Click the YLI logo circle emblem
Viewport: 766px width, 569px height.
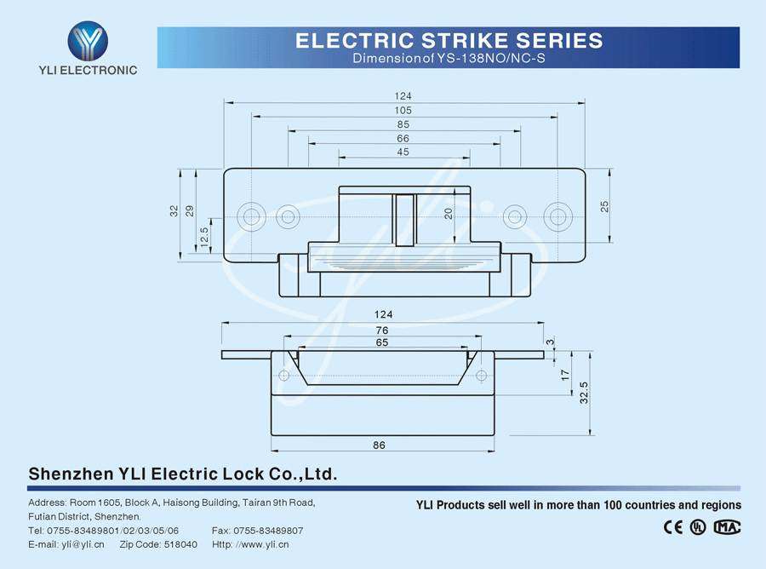pyautogui.click(x=89, y=40)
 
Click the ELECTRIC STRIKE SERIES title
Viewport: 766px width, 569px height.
pyautogui.click(x=449, y=40)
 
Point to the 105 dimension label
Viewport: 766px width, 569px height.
pyautogui.click(x=403, y=110)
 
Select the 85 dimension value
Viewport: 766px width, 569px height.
pyautogui.click(x=403, y=124)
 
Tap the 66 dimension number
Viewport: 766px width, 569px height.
pyautogui.click(x=403, y=138)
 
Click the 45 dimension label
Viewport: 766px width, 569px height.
pyautogui.click(x=403, y=152)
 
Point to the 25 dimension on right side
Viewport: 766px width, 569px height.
pyautogui.click(x=605, y=205)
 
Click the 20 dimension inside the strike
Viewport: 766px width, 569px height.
pyautogui.click(x=449, y=215)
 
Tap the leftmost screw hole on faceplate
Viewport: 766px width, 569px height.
pyautogui.click(x=251, y=216)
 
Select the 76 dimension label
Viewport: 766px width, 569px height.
pyautogui.click(x=382, y=330)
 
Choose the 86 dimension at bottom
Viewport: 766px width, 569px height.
pyautogui.click(x=380, y=445)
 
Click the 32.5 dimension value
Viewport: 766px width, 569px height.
pyautogui.click(x=583, y=394)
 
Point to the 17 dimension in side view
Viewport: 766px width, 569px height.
pyautogui.click(x=565, y=374)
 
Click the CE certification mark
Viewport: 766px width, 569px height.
pyautogui.click(x=673, y=527)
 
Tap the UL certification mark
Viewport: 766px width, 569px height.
pyautogui.click(x=698, y=527)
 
